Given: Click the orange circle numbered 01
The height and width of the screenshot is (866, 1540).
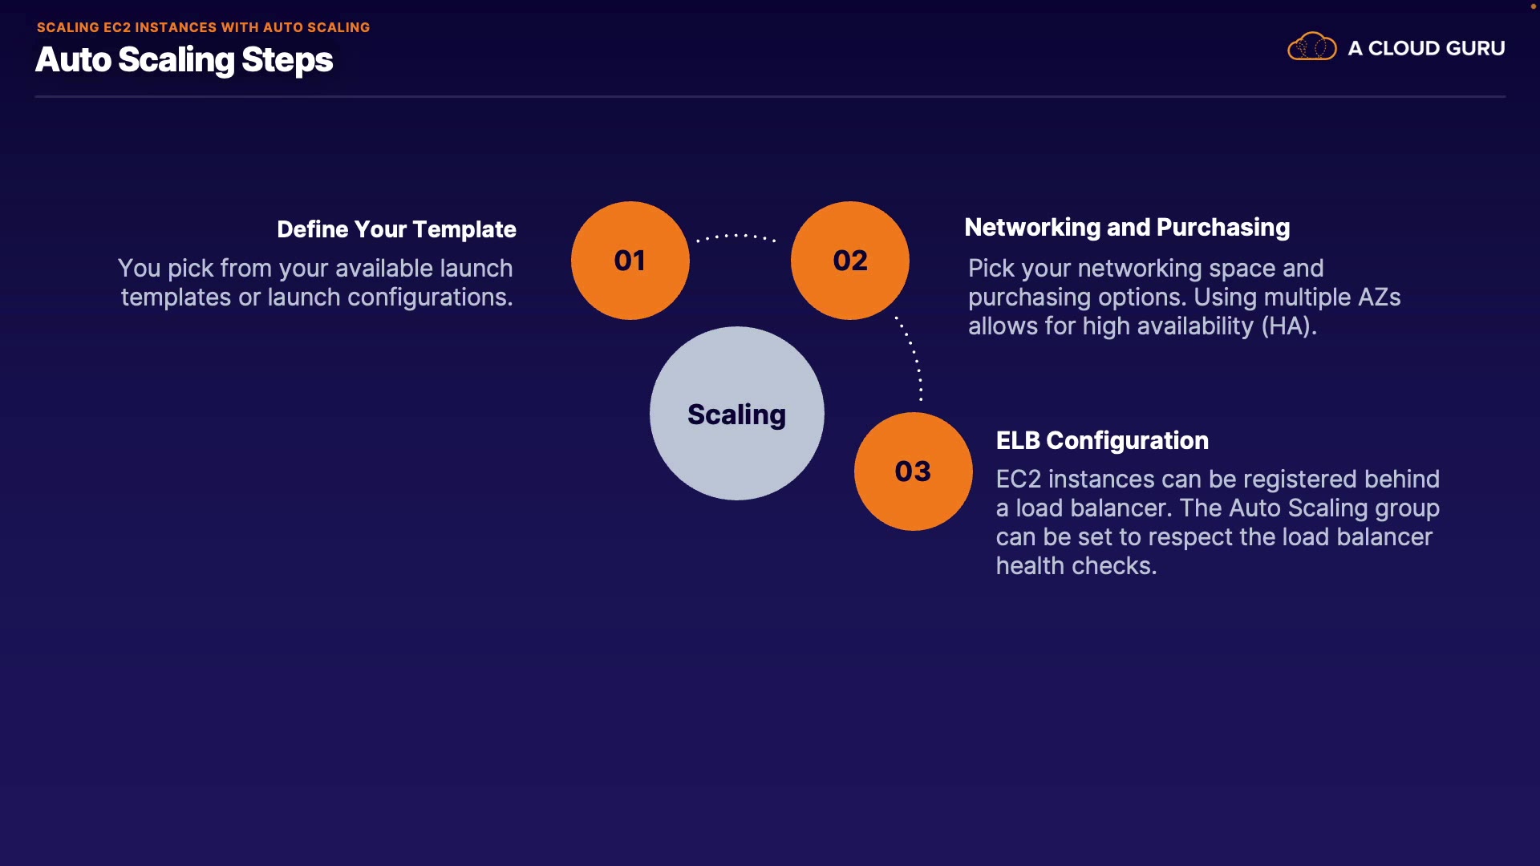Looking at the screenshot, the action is pyautogui.click(x=630, y=261).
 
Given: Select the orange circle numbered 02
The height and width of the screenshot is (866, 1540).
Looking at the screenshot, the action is pyautogui.click(x=849, y=261).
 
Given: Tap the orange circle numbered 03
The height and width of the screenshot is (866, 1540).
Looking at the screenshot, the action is pyautogui.click(x=913, y=471).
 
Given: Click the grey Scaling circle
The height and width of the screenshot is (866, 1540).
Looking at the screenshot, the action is pyautogui.click(x=736, y=414).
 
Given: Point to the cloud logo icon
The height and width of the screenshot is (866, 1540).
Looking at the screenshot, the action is pyautogui.click(x=1311, y=47).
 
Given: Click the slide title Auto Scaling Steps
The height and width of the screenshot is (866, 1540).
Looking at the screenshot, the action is pyautogui.click(x=184, y=60).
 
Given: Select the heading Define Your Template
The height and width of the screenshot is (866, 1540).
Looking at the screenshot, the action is pyautogui.click(x=396, y=229).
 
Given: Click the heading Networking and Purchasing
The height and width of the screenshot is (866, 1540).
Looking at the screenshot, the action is pyautogui.click(x=1127, y=228).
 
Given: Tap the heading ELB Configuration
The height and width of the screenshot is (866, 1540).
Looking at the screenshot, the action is pyautogui.click(x=1102, y=440).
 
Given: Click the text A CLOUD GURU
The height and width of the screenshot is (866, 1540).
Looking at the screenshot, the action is pyautogui.click(x=1426, y=48).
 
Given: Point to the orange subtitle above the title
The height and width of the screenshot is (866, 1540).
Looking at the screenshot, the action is pyautogui.click(x=203, y=27).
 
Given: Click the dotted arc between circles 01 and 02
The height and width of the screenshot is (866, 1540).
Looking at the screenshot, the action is pyautogui.click(x=736, y=236).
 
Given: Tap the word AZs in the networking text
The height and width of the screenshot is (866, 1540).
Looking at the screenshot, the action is pyautogui.click(x=1379, y=297).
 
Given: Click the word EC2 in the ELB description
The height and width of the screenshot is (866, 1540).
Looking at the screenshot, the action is pyautogui.click(x=1018, y=480).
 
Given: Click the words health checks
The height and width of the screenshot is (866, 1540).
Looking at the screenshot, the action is pyautogui.click(x=1076, y=566).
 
